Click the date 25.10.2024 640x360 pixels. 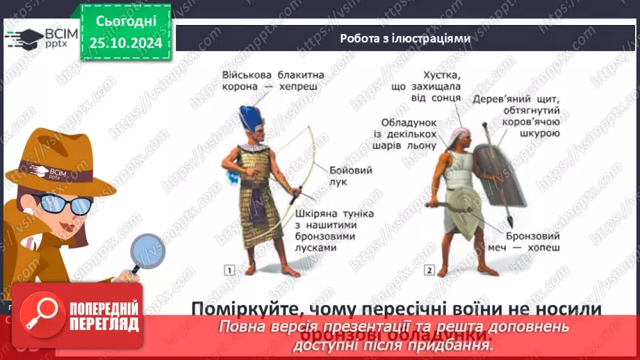pyautogui.click(x=126, y=42)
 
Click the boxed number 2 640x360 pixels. pyautogui.click(x=429, y=270)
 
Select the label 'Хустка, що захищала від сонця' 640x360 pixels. pyautogui.click(x=431, y=88)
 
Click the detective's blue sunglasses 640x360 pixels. pyautogui.click(x=65, y=204)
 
